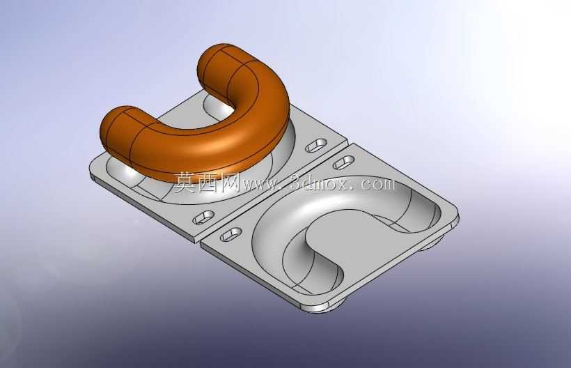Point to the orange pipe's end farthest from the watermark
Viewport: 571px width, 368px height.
215,62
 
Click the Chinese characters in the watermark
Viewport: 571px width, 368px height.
206,182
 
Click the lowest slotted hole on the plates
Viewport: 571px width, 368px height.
231,234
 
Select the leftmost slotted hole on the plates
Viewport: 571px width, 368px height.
203,217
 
